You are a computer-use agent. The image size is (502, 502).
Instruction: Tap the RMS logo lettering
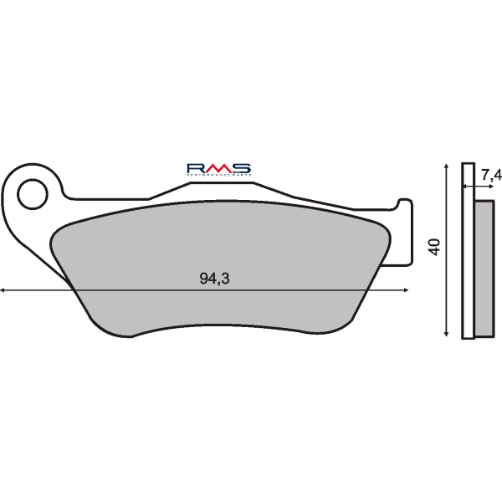(218, 169)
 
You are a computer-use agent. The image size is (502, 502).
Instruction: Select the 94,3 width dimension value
(214, 279)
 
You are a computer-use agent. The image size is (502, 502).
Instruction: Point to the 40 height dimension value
(433, 246)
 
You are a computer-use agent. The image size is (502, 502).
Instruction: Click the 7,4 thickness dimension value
(491, 174)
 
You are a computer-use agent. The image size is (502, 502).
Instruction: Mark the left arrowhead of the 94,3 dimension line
(5, 290)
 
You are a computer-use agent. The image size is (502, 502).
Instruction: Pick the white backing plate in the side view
(469, 251)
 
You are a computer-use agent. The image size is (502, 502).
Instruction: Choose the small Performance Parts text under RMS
(218, 177)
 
